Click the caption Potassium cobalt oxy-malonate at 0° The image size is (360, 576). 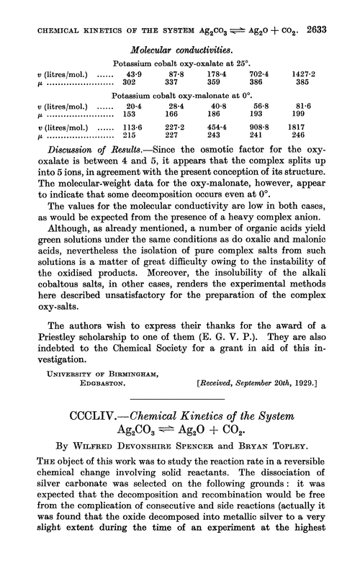pos(181,104)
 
